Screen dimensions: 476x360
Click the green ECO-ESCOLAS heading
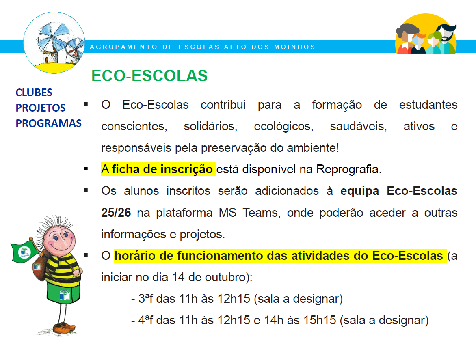[x=149, y=75]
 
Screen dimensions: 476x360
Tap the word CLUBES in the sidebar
[x=34, y=93]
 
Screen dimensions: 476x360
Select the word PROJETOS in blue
[x=41, y=108]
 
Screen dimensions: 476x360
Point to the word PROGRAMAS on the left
[x=49, y=123]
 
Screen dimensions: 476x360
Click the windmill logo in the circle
[x=54, y=43]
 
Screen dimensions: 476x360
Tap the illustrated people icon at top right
[x=426, y=34]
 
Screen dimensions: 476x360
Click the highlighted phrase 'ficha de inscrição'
[x=162, y=169]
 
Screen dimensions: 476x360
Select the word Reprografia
[x=348, y=169]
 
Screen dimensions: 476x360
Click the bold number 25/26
[x=116, y=213]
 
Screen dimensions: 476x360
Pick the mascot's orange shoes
[x=64, y=328]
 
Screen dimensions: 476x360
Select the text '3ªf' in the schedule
[x=146, y=299]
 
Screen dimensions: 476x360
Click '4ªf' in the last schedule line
[x=146, y=320]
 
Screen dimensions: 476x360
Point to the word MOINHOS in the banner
[x=295, y=47]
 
